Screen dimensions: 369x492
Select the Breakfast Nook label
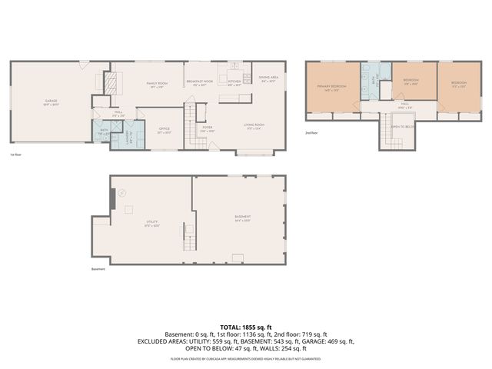click(199, 82)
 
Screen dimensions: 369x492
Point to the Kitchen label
click(234, 82)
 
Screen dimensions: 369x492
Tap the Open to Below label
click(403, 126)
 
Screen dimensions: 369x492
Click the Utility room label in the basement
click(151, 222)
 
